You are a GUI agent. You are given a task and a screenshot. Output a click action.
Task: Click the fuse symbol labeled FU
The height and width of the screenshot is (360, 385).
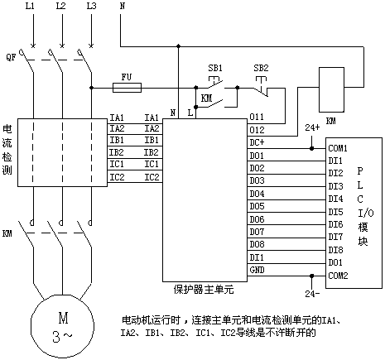point(128,88)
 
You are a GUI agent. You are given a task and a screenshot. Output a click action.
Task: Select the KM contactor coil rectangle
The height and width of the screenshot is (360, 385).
point(331,89)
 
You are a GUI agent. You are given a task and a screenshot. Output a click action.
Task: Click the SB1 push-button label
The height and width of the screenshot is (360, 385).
point(215,68)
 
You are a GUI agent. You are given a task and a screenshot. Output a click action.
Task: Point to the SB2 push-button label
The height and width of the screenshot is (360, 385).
point(261,68)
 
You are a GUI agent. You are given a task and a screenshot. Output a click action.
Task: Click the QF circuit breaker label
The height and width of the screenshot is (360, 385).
point(11,57)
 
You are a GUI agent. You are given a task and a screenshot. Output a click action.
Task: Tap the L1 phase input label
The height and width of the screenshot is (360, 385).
point(30,6)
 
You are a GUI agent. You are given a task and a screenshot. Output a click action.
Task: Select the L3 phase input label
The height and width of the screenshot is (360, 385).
point(91,6)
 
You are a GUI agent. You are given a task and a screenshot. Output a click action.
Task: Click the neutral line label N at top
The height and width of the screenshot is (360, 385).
point(123,6)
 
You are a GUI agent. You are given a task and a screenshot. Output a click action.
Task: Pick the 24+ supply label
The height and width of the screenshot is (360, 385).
point(312,127)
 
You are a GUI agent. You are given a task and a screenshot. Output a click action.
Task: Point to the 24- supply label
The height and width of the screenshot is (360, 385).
point(312,294)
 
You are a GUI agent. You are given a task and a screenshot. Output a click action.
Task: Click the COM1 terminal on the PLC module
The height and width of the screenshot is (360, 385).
point(338,148)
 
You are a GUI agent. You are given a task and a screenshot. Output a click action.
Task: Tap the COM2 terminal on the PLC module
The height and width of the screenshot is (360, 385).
point(338,276)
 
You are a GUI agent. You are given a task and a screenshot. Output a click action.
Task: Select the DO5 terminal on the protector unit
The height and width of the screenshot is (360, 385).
point(257,206)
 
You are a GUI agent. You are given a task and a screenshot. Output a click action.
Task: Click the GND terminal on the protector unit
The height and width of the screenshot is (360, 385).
point(257,270)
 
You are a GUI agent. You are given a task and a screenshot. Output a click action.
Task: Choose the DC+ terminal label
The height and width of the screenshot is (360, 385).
point(257,142)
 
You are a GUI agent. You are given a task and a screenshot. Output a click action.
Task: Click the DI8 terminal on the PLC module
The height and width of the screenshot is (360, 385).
point(335,250)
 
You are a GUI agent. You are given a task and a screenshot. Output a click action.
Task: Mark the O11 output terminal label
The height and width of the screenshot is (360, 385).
point(257,117)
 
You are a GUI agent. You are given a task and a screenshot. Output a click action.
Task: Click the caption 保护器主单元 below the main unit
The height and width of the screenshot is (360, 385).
point(204,290)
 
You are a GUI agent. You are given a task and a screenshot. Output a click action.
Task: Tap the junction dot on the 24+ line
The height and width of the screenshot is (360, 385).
point(311,148)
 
